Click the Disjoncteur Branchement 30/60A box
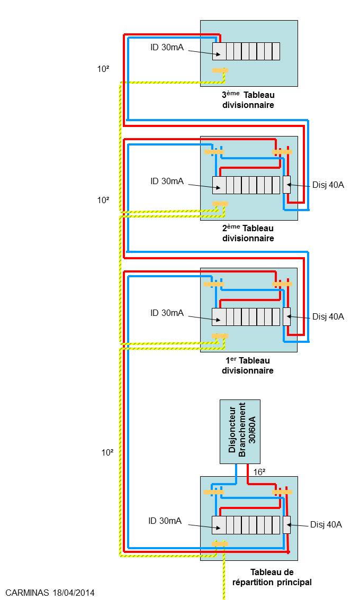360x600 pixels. click(240, 432)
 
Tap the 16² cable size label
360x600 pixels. click(259, 472)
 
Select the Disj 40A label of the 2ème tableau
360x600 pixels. click(328, 185)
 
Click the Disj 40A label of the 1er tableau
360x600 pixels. click(328, 316)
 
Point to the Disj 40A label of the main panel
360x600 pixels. click(326, 524)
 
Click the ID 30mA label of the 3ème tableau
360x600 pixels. click(167, 48)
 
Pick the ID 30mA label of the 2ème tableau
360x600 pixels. click(167, 181)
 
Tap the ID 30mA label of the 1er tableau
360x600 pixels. click(167, 313)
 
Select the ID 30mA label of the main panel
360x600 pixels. click(165, 521)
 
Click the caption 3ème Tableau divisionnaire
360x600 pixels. click(248, 99)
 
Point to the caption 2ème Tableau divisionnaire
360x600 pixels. click(248, 233)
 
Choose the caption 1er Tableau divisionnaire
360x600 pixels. click(248, 365)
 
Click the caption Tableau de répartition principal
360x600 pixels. click(272, 577)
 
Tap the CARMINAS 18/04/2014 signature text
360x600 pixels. click(50, 593)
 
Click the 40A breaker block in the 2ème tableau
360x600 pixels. click(287, 185)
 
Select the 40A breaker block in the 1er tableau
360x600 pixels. click(287, 316)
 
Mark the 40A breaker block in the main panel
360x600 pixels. click(287, 525)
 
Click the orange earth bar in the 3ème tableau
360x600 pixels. click(220, 70)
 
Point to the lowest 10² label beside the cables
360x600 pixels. click(107, 452)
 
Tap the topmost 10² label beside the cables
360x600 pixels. click(103, 69)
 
